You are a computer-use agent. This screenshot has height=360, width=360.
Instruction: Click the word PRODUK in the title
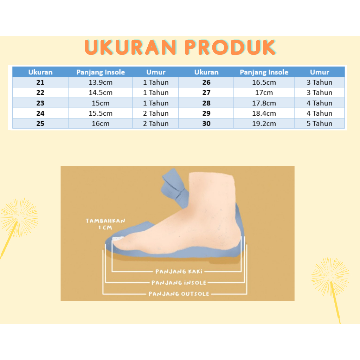[230, 47]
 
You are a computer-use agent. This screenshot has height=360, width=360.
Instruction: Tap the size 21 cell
[40, 82]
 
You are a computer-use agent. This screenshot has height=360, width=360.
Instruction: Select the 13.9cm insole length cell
[101, 82]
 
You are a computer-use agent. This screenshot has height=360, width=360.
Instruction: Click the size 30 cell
[206, 123]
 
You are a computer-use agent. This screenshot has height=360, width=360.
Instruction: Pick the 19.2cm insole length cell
[264, 123]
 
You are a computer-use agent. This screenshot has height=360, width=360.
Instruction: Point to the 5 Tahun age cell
[319, 123]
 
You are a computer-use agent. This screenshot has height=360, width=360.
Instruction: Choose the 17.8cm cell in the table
[264, 103]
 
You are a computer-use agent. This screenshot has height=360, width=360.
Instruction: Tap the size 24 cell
[40, 113]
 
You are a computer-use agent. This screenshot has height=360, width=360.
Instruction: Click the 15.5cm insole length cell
[101, 113]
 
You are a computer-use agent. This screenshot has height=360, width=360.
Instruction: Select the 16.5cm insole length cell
[264, 82]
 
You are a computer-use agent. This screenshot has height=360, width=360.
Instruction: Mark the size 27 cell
[206, 92]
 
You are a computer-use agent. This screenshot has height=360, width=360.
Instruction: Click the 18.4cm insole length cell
[264, 113]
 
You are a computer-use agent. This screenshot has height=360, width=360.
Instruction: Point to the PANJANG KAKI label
[179, 272]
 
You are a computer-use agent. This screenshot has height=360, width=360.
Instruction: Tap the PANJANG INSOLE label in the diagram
[179, 283]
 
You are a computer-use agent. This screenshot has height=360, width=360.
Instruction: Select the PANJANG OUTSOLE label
[179, 294]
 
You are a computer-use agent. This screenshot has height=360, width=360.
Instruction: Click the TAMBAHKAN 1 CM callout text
[105, 224]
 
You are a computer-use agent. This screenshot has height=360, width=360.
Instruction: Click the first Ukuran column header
[40, 72]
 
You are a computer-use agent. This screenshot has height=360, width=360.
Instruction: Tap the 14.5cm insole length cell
[101, 92]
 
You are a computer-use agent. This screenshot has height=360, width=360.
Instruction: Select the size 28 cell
[206, 103]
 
